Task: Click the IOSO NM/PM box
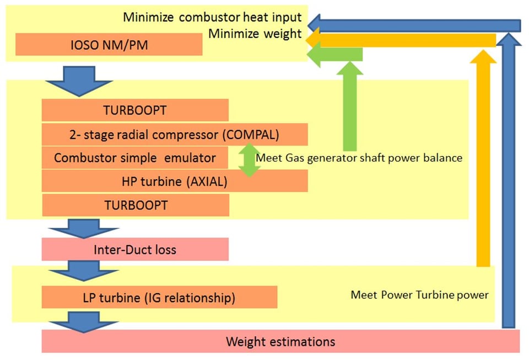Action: (109, 45)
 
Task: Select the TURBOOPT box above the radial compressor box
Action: (135, 110)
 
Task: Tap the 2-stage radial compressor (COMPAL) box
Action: (174, 134)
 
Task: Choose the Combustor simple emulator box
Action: (135, 158)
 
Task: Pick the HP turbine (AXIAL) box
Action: (174, 181)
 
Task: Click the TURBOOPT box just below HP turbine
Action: (136, 205)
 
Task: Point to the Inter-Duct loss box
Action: (135, 249)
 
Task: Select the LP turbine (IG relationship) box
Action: (159, 298)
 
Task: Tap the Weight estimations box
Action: (280, 341)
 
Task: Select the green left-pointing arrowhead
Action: (316, 54)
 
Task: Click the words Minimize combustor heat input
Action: (212, 17)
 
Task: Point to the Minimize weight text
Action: (255, 34)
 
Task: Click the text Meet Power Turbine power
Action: (419, 294)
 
